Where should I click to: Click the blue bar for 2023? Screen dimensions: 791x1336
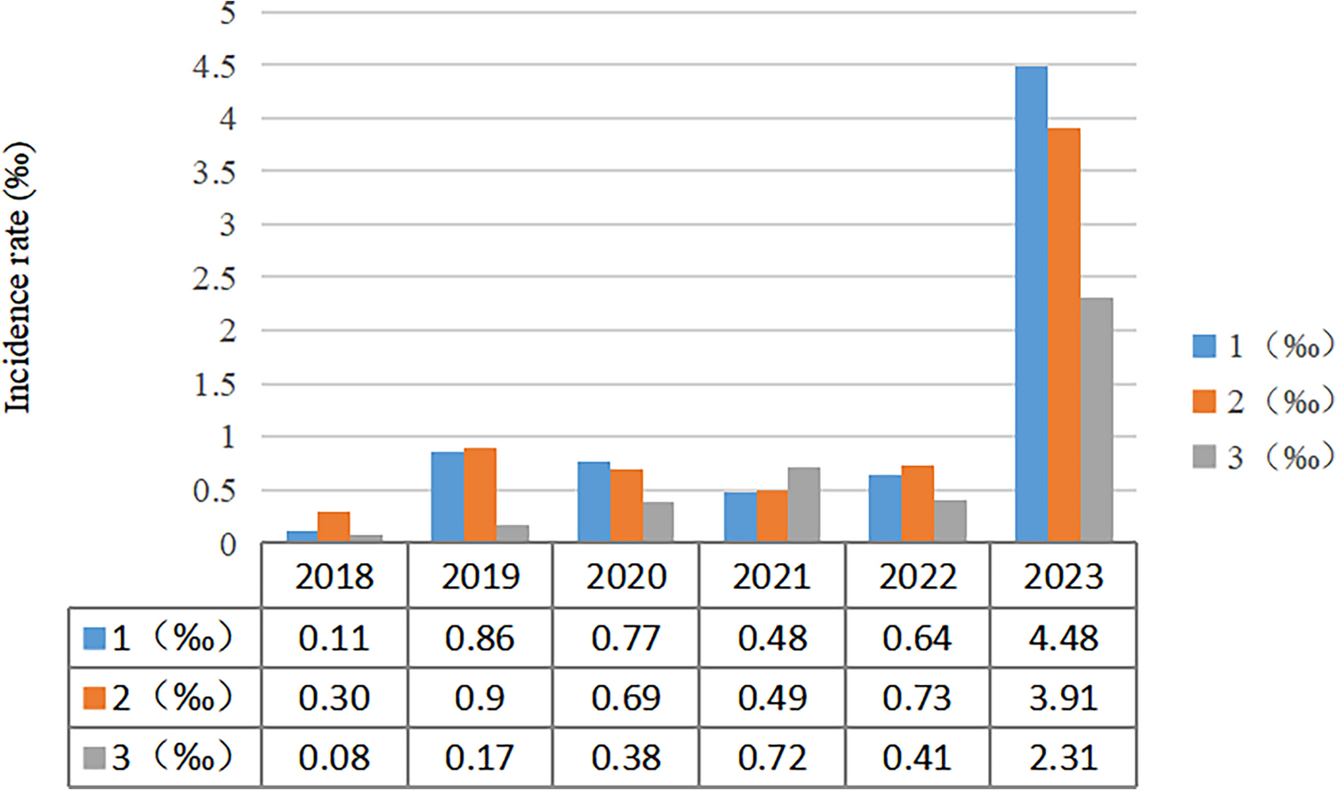[x=1031, y=303]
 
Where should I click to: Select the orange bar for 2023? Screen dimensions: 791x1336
[x=1064, y=335]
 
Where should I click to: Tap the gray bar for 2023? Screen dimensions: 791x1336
[x=1096, y=419]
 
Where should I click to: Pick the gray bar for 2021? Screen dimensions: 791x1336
[x=803, y=504]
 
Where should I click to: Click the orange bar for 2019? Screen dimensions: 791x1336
[x=480, y=495]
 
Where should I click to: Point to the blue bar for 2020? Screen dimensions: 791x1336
[x=593, y=502]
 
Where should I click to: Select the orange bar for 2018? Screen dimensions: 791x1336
[x=334, y=526]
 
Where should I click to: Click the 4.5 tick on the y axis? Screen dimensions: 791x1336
[x=214, y=66]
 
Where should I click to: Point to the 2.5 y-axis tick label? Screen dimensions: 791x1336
[x=214, y=278]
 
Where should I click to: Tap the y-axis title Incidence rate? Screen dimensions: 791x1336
[x=18, y=278]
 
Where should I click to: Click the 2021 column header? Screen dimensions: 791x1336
[x=771, y=577]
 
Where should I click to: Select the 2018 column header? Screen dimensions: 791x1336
[x=334, y=577]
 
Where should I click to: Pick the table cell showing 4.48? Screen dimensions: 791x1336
[x=1063, y=638]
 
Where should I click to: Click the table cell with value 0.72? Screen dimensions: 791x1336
[x=771, y=758]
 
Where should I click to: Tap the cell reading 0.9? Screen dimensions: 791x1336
[x=479, y=698]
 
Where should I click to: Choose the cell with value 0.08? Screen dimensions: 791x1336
[x=334, y=758]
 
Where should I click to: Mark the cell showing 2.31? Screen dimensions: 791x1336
[x=1063, y=758]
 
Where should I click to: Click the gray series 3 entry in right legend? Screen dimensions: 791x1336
[x=1263, y=457]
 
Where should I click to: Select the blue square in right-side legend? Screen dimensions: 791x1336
[x=1203, y=346]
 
